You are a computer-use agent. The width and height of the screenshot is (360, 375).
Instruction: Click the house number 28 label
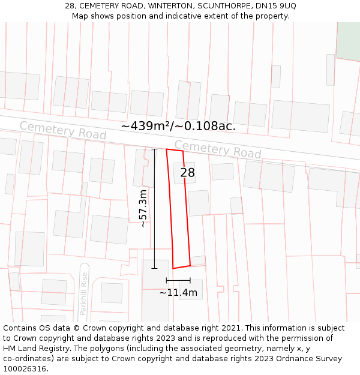[x=187, y=173]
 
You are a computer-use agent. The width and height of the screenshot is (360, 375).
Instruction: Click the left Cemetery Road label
[x=62, y=130]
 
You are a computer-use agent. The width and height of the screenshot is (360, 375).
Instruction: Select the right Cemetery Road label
[x=218, y=149]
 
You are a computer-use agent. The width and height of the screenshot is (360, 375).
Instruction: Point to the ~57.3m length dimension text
[x=143, y=208]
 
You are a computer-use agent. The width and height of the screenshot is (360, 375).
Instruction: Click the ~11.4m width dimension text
[x=178, y=293]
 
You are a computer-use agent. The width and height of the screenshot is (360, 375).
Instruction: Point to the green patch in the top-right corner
[x=348, y=39]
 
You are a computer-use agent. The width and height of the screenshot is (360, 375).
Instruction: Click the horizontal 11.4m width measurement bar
[x=178, y=280]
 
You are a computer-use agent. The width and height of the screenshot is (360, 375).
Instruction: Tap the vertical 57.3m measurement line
[x=154, y=208]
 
